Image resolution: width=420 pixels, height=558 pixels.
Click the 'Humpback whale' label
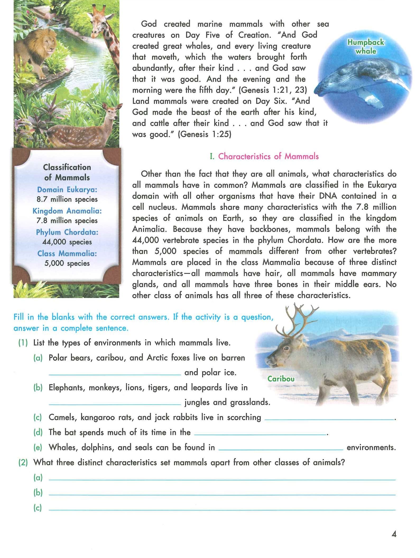[x=366, y=46]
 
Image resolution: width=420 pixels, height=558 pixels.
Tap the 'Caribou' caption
[x=281, y=379]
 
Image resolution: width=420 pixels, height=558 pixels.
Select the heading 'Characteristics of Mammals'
[x=268, y=156]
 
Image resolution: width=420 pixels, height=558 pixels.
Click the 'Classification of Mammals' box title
[x=67, y=172]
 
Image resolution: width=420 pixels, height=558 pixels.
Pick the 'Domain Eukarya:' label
[x=67, y=190]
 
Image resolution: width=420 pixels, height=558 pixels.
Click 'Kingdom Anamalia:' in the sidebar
[x=67, y=211]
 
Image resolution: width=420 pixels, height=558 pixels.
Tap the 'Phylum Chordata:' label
[x=67, y=232]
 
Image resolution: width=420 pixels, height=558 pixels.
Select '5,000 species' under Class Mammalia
[x=67, y=263]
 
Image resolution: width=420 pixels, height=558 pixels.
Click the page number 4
[x=394, y=534]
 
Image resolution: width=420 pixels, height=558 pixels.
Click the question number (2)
[x=23, y=463]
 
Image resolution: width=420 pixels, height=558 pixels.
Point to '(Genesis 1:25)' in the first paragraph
[x=204, y=134]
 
